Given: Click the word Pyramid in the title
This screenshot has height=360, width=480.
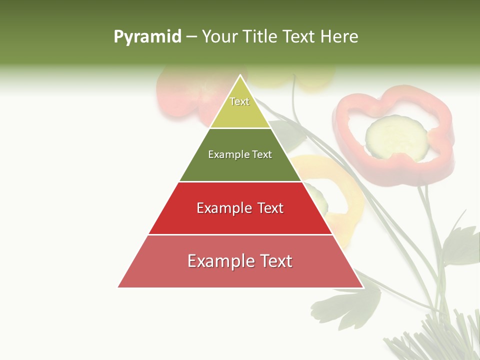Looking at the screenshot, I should (147, 37).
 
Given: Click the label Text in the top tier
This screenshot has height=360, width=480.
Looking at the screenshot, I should (239, 101).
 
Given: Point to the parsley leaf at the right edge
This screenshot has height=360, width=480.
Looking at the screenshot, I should (462, 245).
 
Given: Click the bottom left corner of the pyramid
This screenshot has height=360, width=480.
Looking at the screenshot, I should (118, 287).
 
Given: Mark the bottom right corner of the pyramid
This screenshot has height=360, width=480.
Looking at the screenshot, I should (363, 287).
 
